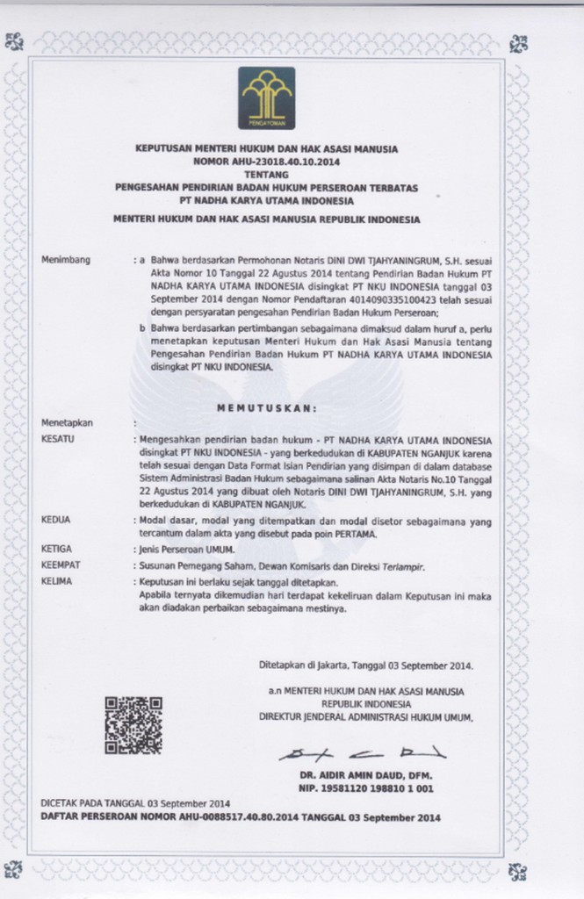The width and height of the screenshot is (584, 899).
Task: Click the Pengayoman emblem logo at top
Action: click(267, 98)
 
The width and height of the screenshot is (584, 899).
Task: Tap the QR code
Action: click(133, 724)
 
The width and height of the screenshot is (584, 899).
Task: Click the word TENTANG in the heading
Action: click(267, 176)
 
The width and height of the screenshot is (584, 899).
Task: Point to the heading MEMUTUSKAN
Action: click(266, 407)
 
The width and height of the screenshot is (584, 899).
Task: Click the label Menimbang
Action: click(66, 261)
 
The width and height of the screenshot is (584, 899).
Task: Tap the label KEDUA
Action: click(55, 520)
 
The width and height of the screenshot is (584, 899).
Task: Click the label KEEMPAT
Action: click(60, 566)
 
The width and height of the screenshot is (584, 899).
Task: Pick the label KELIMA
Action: click(56, 581)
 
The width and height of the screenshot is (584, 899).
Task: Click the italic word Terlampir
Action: click(401, 566)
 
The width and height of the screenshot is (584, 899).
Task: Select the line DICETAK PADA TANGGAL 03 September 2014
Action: click(135, 803)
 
